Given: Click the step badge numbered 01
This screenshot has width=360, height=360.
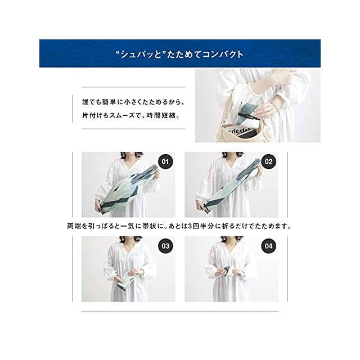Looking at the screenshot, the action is point(165,161).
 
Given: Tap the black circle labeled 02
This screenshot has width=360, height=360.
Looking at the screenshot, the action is point(268,161).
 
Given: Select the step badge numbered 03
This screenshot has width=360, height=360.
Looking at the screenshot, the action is point(165,246).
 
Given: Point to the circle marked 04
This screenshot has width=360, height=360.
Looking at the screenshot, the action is point(268,246).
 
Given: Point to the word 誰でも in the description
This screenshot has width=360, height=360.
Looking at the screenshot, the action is point(92,102).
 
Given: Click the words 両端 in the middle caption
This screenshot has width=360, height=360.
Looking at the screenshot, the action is point(74,226).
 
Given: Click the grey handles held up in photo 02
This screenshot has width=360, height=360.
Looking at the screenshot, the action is point(252,168).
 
